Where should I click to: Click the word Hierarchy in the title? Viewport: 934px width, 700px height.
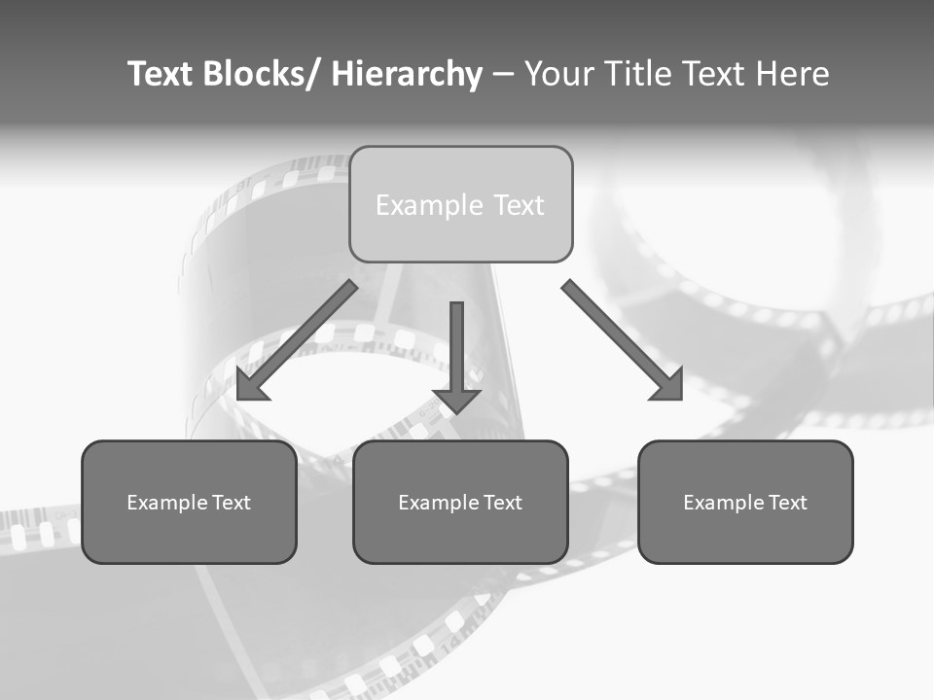407,74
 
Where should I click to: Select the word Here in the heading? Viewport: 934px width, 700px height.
790,74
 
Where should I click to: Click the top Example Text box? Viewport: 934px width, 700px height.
460,204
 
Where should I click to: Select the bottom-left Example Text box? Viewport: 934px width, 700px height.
189,502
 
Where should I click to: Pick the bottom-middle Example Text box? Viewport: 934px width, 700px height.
460,502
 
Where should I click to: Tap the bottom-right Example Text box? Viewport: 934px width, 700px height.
745,502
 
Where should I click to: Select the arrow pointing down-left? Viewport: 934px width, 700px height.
297,340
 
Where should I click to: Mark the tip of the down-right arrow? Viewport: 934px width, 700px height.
680,398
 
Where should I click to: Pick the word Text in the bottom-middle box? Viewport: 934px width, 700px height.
502,503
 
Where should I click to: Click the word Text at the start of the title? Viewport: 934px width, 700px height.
161,74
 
